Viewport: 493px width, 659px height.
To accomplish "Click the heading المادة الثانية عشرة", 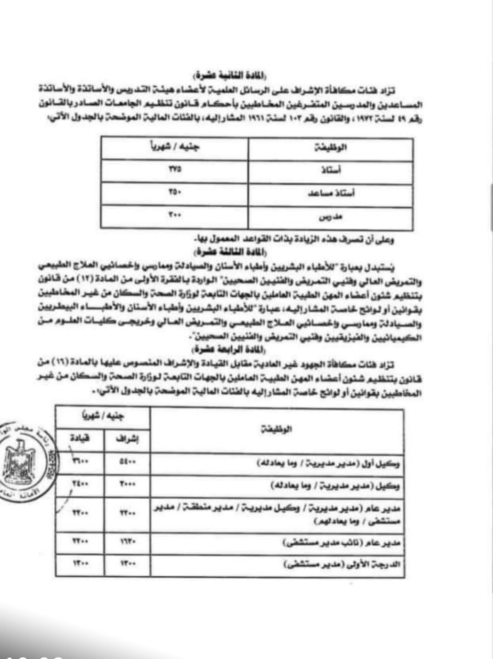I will click(x=230, y=74).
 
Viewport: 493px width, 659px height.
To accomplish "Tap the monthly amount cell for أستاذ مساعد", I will click(x=175, y=193).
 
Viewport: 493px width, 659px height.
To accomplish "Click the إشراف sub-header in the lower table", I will click(x=127, y=439).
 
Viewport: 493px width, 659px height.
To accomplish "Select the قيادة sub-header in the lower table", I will click(x=80, y=438).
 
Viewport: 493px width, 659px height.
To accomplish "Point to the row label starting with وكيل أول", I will click(x=328, y=464).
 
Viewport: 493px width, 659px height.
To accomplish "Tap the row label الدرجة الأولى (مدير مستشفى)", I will click(x=343, y=564).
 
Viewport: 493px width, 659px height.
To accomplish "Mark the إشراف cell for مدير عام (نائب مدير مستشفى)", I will click(x=127, y=543).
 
